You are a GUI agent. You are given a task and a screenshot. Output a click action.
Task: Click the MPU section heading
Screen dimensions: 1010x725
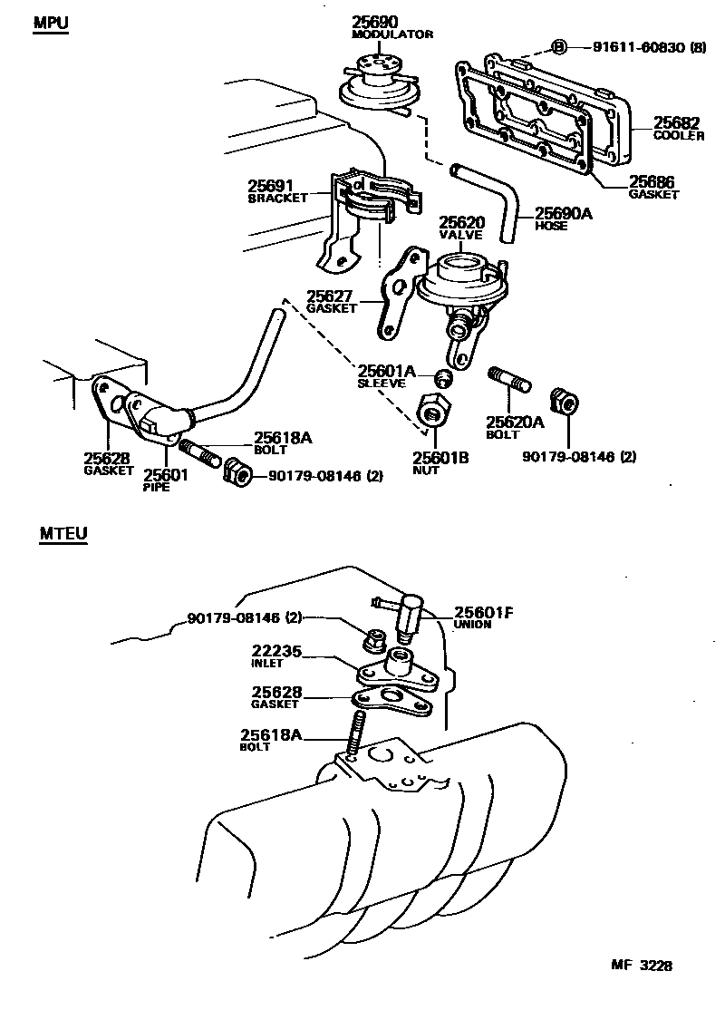(x=52, y=22)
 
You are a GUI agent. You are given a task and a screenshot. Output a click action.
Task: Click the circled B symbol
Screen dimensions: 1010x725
(x=558, y=47)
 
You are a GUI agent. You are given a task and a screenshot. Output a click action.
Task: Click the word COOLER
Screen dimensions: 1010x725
(x=679, y=136)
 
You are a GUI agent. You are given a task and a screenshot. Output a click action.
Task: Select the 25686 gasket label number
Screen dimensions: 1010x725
(x=652, y=182)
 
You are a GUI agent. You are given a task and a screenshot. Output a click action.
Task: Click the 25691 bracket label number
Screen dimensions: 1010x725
(x=271, y=185)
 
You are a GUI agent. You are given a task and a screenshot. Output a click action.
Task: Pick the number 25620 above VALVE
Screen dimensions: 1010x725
(x=462, y=222)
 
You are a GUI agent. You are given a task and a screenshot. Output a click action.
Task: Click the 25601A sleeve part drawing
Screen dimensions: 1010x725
(x=444, y=377)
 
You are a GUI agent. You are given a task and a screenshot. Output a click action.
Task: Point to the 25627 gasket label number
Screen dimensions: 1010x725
(x=329, y=295)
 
